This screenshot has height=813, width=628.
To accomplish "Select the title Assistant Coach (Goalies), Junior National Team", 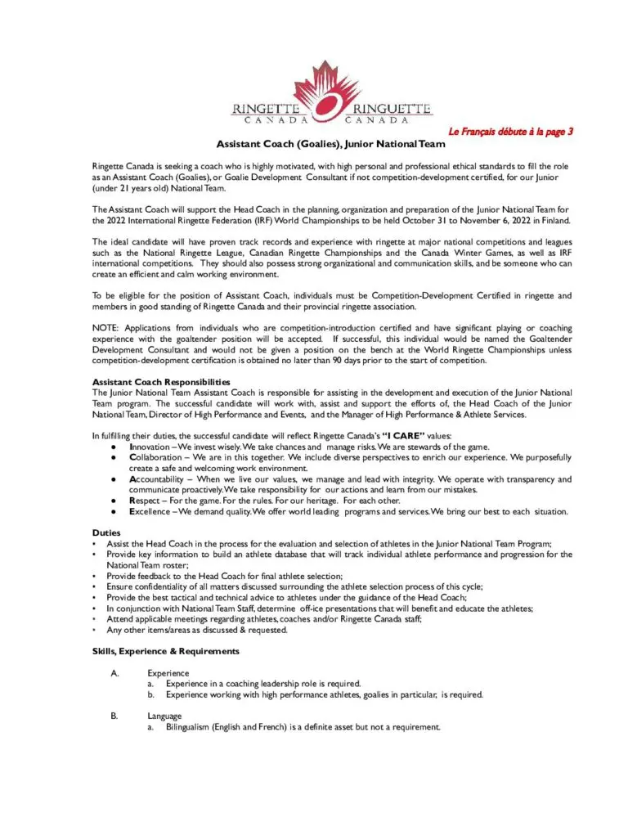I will click(x=330, y=145).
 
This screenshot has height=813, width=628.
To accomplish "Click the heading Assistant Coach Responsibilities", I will click(x=161, y=382).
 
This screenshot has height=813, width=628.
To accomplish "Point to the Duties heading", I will click(x=107, y=532).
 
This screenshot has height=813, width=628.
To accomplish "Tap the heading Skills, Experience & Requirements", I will click(x=166, y=651).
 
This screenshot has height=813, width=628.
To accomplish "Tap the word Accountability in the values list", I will click(x=160, y=479).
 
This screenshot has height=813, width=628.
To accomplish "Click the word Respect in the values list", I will click(x=146, y=501).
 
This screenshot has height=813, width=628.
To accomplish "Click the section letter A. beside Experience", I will click(x=114, y=673).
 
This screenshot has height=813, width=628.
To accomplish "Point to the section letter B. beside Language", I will click(x=114, y=716).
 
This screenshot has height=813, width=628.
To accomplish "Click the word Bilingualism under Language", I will click(x=195, y=727).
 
